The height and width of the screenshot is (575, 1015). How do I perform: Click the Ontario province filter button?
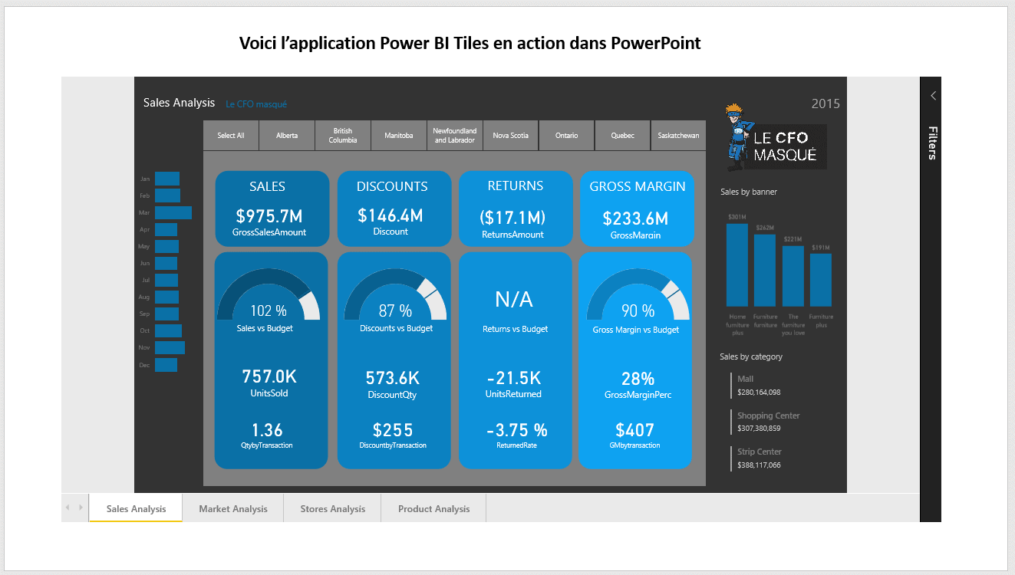(x=567, y=136)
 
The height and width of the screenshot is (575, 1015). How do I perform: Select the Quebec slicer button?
(x=622, y=136)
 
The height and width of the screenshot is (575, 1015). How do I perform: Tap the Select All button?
(x=231, y=136)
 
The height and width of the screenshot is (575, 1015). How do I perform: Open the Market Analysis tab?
(x=233, y=508)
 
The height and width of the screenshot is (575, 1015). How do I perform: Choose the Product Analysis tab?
(x=433, y=508)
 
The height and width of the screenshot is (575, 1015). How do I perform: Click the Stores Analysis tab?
(x=332, y=508)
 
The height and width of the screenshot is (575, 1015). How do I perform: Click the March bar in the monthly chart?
(x=173, y=212)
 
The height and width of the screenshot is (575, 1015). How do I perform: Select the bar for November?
(x=170, y=347)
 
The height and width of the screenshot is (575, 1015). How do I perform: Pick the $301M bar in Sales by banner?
(x=737, y=264)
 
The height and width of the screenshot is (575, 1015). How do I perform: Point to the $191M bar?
(x=820, y=280)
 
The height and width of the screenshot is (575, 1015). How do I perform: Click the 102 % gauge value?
(x=269, y=310)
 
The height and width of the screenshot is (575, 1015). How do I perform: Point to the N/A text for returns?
(x=514, y=299)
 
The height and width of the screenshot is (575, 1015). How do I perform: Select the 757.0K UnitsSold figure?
(x=269, y=376)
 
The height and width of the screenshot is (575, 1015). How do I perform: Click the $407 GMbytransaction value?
(x=634, y=430)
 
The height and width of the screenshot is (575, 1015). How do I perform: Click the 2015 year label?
(x=826, y=103)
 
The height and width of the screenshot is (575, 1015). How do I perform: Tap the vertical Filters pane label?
(x=931, y=143)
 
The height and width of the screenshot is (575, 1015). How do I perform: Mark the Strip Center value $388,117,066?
(x=759, y=465)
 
